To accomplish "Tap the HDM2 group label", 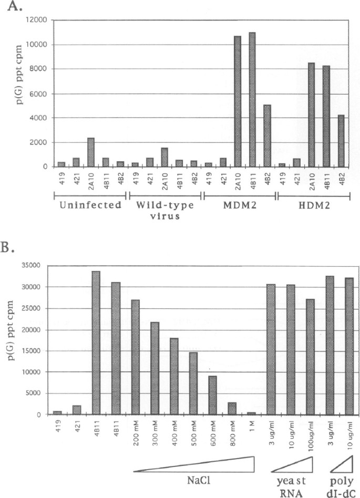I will [314, 206].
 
